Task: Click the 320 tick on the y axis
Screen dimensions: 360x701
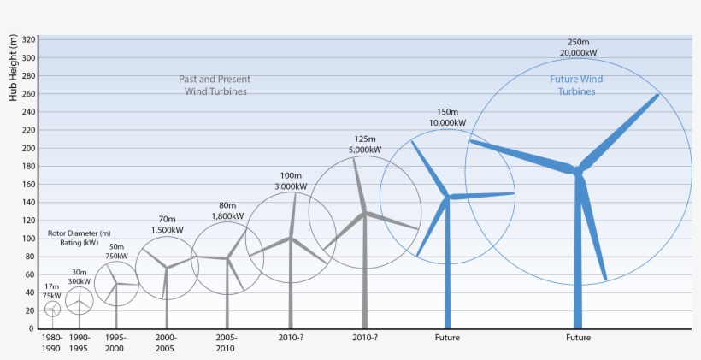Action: coord(29,39)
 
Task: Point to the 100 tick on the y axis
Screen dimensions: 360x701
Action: coord(29,238)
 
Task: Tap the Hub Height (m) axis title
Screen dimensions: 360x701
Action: coord(13,68)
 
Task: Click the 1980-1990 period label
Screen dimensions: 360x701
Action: coord(51,343)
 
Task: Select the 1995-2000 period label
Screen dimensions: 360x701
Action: coord(116,343)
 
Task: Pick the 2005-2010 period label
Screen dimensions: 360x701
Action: coord(226,343)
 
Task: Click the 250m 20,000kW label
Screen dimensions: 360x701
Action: coord(578,47)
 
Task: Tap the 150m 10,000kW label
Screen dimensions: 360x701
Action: coord(448,117)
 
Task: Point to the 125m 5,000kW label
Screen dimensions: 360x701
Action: coord(365,144)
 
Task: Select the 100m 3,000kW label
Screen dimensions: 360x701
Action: coord(292,180)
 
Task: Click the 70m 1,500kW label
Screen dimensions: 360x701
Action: coord(168,224)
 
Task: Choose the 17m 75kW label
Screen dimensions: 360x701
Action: coord(52,291)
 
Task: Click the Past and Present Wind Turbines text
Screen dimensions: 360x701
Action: coord(215,85)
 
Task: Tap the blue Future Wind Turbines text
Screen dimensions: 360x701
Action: coord(575,85)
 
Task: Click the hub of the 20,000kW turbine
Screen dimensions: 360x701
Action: coord(578,170)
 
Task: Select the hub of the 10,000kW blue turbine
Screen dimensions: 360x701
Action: coord(446,198)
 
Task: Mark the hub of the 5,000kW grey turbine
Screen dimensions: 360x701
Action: coord(365,212)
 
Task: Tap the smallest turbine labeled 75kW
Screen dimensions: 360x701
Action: coord(53,309)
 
